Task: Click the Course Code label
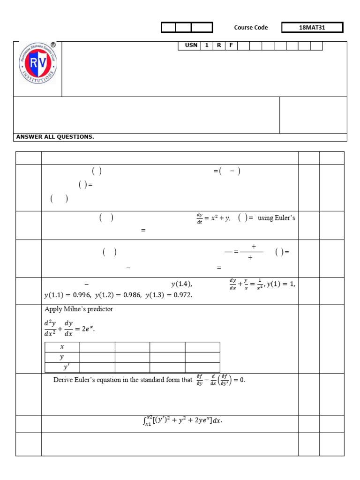point(251,28)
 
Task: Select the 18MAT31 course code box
point(312,28)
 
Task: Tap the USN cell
point(191,45)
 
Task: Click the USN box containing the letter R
point(218,45)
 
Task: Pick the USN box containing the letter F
point(231,45)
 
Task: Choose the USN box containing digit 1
point(206,45)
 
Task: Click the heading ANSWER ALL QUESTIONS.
point(55,137)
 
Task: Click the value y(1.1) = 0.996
point(67,295)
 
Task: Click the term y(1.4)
point(181,284)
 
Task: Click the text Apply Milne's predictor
point(78,309)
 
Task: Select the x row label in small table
point(62,347)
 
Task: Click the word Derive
point(63,380)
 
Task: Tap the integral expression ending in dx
point(182,420)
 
